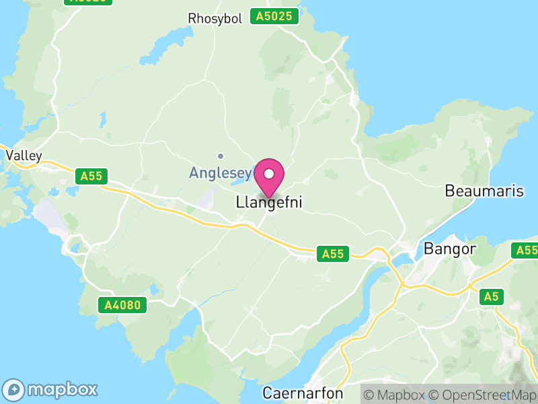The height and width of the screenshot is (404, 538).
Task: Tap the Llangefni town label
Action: coord(269,202)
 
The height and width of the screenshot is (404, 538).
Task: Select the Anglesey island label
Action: coord(220,172)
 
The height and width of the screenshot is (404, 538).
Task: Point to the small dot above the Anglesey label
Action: coord(220,156)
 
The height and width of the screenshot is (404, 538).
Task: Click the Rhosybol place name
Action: coord(215,18)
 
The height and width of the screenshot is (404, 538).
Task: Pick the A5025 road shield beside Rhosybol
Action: coord(274,16)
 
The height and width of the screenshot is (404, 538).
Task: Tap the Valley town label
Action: coord(24,156)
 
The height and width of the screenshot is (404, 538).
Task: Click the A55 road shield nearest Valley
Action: coord(91,176)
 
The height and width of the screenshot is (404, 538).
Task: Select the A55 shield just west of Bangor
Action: coord(333,254)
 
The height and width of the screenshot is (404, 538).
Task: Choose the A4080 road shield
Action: coord(122,305)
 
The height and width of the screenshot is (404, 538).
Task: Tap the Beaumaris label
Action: coord(484,191)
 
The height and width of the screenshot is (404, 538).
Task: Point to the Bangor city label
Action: coord(450,248)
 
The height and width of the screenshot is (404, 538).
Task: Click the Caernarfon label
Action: coord(303,393)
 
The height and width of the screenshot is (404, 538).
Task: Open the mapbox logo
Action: coord(51,389)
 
